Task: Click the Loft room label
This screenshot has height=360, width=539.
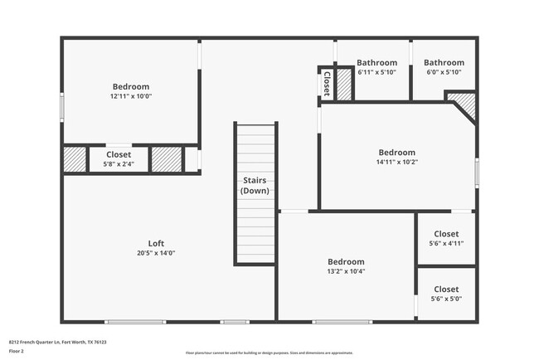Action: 156,243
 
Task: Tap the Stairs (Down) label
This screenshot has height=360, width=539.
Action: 255,185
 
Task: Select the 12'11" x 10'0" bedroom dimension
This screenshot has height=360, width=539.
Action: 131,96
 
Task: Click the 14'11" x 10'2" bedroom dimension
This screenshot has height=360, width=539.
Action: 396,162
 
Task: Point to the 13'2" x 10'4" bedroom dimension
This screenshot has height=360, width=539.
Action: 346,271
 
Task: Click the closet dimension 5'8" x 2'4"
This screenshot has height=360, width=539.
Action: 119,164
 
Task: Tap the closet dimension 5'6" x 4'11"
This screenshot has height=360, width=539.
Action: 445,244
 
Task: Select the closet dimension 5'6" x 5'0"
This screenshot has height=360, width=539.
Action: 445,299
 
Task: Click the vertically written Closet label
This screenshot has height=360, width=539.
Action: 327,83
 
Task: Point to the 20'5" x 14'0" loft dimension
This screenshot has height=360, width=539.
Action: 156,253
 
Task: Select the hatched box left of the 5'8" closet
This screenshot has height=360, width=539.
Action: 75,158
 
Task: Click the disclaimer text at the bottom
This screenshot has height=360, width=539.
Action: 269,352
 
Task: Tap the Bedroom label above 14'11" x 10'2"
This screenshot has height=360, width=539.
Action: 396,152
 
